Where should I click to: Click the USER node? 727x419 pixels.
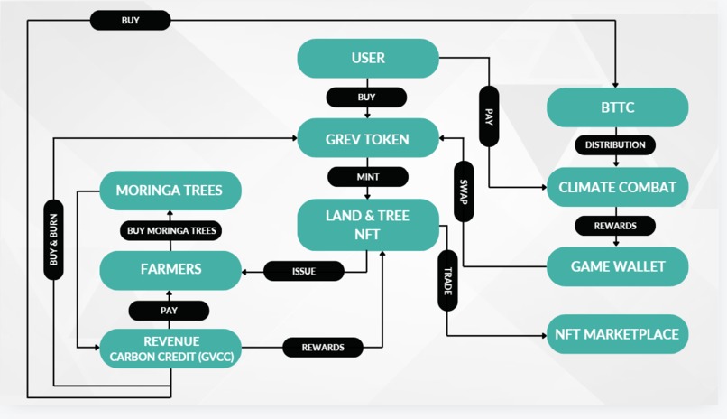(x=368, y=58)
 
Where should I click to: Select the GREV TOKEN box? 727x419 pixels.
(x=368, y=138)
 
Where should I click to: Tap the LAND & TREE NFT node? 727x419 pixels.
(x=368, y=225)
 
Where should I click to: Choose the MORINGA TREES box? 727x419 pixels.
(x=170, y=191)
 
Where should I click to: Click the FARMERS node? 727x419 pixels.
(x=170, y=270)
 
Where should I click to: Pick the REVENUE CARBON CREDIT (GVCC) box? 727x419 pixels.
(x=170, y=349)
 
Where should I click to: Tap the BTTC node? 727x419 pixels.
(x=617, y=107)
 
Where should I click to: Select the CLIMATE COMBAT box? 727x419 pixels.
(x=617, y=187)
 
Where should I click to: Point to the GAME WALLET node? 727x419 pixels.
(x=617, y=266)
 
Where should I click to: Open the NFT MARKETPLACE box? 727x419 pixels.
(x=617, y=334)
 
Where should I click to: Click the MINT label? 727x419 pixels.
(x=368, y=177)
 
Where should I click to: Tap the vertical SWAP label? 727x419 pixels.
(x=464, y=191)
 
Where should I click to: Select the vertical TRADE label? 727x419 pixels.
(x=447, y=280)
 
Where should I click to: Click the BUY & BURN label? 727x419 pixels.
(x=53, y=239)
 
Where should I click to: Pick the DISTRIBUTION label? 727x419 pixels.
(x=615, y=144)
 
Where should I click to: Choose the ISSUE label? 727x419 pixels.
(x=304, y=271)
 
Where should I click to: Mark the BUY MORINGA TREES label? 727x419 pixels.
(x=170, y=230)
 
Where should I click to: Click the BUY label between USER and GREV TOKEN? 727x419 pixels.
(x=366, y=97)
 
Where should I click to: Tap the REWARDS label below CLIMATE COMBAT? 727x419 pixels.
(x=615, y=226)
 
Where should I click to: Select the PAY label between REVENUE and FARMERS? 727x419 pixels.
(x=169, y=311)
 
